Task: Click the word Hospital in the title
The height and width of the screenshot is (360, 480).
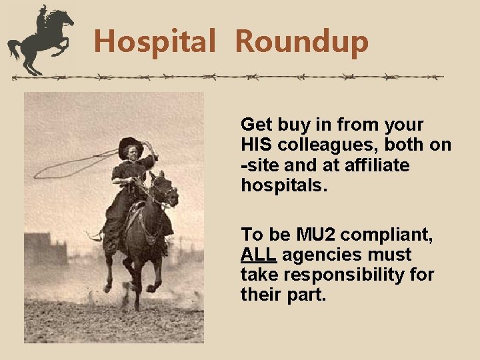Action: click(x=154, y=41)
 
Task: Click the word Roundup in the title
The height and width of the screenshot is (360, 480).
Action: click(x=301, y=41)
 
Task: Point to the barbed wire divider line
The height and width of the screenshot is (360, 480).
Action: click(x=227, y=77)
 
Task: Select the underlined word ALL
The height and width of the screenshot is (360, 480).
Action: click(x=259, y=255)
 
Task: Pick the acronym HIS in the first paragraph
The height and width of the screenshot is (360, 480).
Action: click(x=257, y=145)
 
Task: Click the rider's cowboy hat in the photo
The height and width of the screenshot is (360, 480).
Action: click(x=130, y=145)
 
